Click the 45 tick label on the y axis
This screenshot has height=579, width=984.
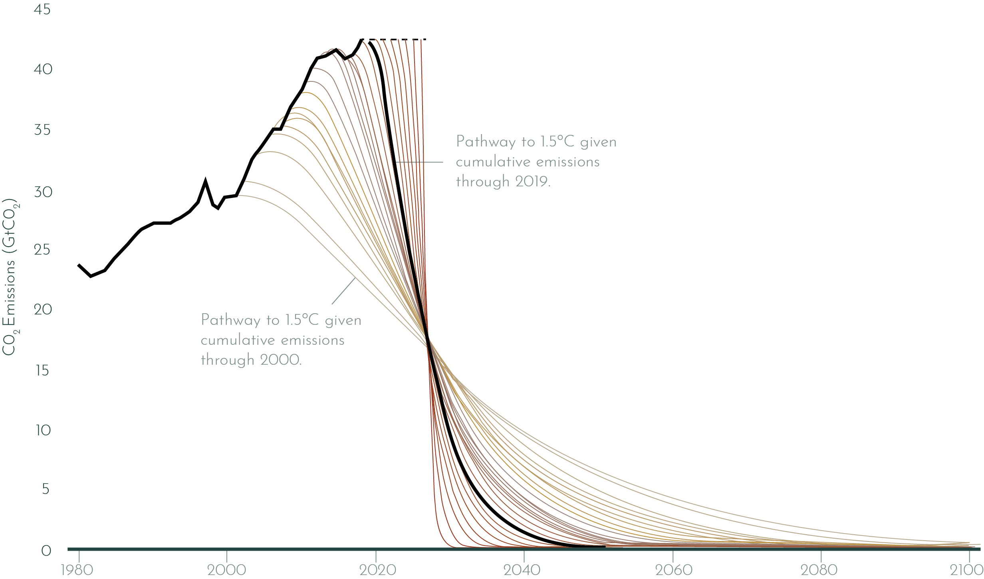pos(42,10)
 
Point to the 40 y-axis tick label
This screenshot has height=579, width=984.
pos(43,70)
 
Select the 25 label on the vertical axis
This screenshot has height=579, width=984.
pos(42,250)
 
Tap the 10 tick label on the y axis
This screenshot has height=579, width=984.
pos(43,431)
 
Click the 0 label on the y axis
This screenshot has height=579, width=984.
pos(46,551)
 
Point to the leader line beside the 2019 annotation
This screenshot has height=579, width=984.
pos(419,162)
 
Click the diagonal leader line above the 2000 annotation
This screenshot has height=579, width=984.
pos(343,291)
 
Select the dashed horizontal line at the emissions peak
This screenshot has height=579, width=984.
pos(399,40)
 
